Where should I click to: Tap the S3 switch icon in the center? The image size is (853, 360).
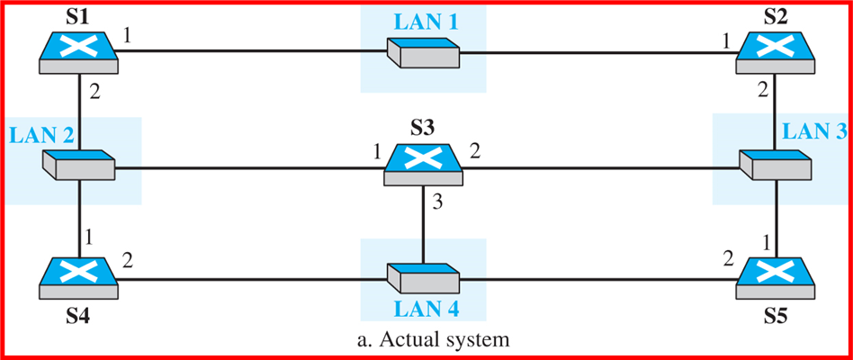click(422, 164)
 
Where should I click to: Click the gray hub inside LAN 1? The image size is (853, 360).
click(423, 52)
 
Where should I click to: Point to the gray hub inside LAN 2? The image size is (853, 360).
click(78, 165)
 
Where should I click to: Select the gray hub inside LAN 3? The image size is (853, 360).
click(775, 165)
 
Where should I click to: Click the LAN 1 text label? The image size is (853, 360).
click(424, 21)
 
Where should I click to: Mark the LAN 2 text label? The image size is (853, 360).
click(41, 136)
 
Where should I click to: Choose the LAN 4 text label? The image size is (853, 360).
click(424, 310)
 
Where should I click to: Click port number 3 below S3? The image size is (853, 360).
click(438, 202)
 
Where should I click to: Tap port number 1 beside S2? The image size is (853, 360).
click(724, 40)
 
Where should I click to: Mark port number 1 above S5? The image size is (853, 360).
click(767, 243)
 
